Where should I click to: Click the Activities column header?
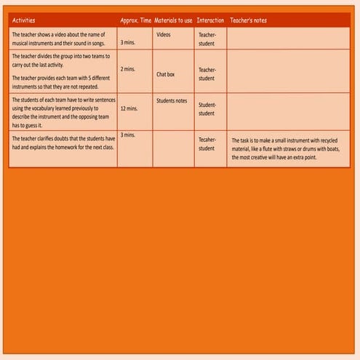coord(23,20)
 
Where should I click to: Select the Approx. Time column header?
coord(135,20)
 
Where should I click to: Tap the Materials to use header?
coord(174,20)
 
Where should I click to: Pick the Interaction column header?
coord(210,20)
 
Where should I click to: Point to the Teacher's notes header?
coord(248,20)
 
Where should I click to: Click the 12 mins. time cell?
coord(129,108)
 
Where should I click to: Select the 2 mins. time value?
coord(128,69)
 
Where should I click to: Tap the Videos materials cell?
coord(164,33)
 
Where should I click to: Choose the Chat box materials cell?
coord(165,73)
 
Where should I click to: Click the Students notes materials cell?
coord(172,100)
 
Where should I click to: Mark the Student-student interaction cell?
coord(207,109)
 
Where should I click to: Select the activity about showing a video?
coord(59,39)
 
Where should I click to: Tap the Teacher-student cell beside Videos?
coord(207,39)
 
